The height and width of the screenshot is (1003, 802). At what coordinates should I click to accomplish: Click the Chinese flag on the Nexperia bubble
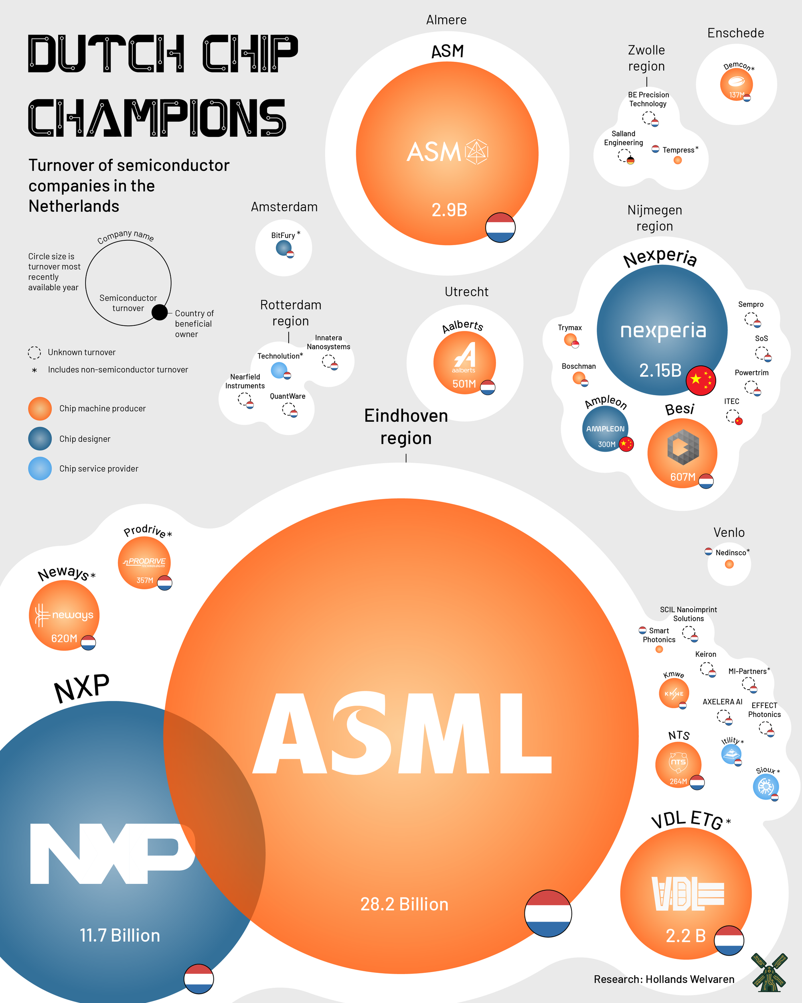(x=701, y=380)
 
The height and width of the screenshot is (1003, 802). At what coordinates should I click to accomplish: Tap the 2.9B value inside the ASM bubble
(x=449, y=210)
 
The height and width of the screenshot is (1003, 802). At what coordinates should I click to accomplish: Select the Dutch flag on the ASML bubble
(x=548, y=913)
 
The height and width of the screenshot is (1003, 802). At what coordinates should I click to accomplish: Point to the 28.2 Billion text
(x=404, y=904)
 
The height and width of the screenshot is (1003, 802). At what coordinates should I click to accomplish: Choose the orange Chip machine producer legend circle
(x=40, y=408)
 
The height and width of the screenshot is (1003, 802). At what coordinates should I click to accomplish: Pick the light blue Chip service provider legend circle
(x=40, y=469)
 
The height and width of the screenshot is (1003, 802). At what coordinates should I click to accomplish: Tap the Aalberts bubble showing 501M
(x=464, y=362)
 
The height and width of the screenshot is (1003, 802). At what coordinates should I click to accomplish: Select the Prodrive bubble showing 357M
(x=144, y=562)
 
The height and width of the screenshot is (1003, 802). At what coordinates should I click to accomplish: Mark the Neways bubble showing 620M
(x=64, y=615)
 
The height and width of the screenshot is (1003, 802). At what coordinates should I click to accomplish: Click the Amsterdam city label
(x=284, y=207)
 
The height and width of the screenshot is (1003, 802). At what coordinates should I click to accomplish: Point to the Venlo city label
(x=729, y=532)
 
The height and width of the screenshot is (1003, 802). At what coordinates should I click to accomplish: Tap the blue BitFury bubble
(x=284, y=248)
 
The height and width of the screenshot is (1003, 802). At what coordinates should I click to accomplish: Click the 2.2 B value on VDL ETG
(x=685, y=936)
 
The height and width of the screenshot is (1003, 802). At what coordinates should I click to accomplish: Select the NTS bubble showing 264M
(x=678, y=764)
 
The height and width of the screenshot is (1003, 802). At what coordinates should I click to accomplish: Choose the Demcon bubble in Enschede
(x=736, y=84)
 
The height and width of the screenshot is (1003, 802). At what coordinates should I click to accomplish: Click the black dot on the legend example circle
(x=160, y=312)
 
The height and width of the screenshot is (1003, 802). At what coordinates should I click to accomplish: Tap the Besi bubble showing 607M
(x=682, y=453)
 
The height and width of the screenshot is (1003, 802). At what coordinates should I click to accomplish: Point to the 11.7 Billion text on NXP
(x=120, y=935)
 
